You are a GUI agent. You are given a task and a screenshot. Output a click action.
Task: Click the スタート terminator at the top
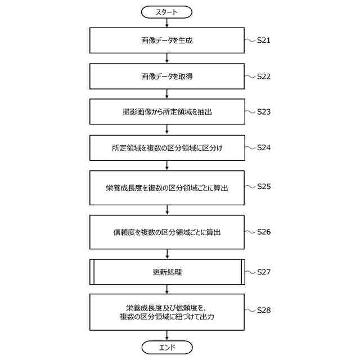(167, 11)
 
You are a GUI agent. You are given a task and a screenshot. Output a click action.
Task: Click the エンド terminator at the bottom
(167, 347)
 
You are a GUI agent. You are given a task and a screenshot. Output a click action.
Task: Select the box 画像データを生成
(167, 40)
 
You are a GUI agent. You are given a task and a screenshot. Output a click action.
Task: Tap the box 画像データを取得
(167, 76)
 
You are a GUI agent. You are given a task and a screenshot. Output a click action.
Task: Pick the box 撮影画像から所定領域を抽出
(167, 112)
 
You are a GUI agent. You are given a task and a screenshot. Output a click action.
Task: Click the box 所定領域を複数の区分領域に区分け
(167, 148)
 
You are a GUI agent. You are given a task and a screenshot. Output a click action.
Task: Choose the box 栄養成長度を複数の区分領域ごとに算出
(167, 187)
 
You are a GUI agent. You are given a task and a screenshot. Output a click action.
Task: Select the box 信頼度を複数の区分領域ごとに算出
(167, 231)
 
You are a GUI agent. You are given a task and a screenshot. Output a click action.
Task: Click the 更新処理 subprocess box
(167, 272)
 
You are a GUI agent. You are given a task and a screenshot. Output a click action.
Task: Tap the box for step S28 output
(167, 312)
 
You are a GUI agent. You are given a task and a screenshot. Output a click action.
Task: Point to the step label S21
(264, 40)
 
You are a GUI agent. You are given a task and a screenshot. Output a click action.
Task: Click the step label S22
(264, 76)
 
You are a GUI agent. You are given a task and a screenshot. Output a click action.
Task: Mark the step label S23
(264, 111)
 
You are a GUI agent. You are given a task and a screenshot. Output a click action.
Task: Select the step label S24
(264, 148)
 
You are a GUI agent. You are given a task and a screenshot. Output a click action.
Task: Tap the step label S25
(264, 186)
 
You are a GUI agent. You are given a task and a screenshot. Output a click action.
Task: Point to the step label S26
(264, 231)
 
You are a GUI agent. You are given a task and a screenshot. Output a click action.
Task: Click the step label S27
(264, 272)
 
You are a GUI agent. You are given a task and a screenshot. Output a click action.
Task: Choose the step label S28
(264, 310)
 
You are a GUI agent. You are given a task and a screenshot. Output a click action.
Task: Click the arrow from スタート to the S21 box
(167, 22)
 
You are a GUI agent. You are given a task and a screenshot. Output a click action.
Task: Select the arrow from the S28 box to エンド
(167, 336)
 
